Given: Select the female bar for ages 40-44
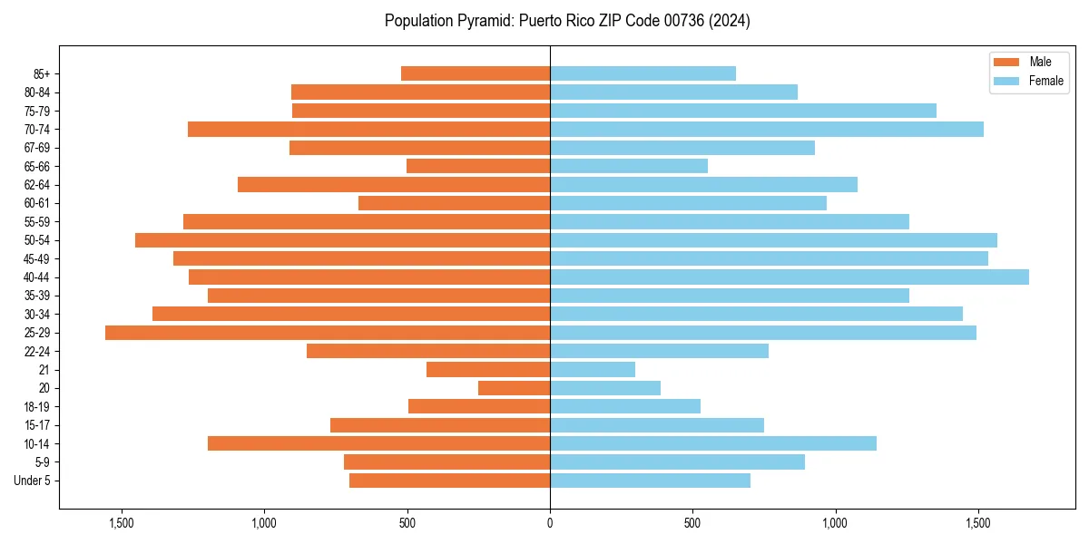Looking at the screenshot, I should tap(790, 277).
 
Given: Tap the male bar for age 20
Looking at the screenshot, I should tap(514, 388).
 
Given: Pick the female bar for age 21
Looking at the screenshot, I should tap(593, 370).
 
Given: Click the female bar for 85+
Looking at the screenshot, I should tap(643, 73).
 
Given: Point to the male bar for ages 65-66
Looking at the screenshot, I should tap(478, 166).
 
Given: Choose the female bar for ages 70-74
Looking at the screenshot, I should tap(767, 129).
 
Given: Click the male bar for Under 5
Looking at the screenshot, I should tap(449, 481).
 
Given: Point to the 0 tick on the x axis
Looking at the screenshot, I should tap(550, 523).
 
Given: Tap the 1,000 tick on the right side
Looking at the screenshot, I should tap(835, 523).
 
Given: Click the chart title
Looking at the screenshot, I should tap(567, 21).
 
